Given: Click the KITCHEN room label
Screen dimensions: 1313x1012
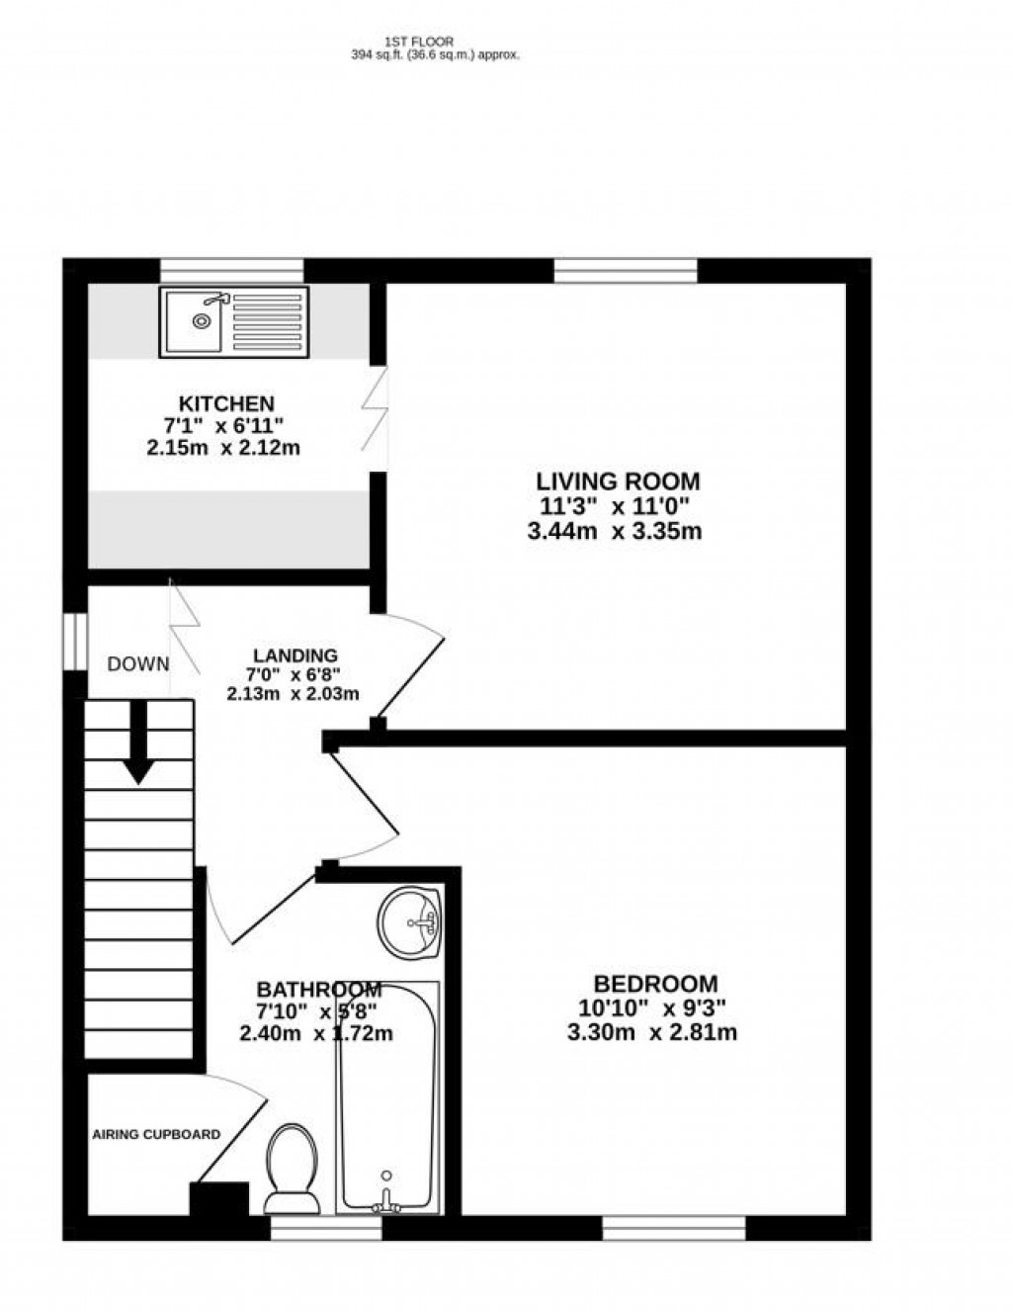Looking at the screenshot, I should [x=226, y=403].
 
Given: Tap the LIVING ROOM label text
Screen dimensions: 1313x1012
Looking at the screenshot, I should [x=618, y=481].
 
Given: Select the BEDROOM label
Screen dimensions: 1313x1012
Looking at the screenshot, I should [x=655, y=984].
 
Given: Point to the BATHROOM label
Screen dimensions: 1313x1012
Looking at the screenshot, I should [x=318, y=990].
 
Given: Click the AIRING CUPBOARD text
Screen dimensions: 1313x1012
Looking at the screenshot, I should [x=156, y=1134].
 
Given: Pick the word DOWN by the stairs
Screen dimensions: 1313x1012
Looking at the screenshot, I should [x=138, y=664].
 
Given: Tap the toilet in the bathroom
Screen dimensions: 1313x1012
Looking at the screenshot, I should [x=292, y=1167].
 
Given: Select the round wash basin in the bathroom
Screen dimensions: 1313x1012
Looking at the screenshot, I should [x=408, y=920].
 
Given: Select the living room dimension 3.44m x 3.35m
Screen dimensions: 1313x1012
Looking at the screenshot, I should [x=615, y=532].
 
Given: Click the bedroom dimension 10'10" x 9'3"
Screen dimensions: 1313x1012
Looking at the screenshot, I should [x=653, y=1008].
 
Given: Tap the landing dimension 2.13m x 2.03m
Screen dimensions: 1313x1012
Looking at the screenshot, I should [x=293, y=694].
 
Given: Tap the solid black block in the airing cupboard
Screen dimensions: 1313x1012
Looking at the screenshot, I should [x=218, y=1199].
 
